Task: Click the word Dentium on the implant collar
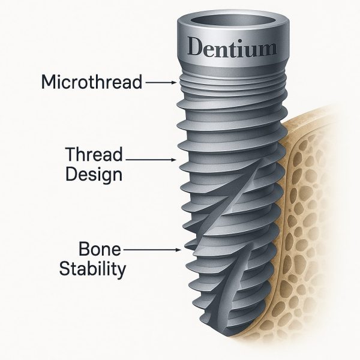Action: (232, 47)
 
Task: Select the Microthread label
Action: (92, 82)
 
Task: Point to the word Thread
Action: (94, 154)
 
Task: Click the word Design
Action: (94, 175)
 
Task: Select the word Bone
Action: (100, 249)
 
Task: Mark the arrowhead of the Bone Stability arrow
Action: (178, 250)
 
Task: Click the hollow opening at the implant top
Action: (233, 20)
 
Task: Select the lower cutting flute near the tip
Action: (230, 287)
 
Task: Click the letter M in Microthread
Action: (49, 82)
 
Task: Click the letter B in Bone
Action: (84, 249)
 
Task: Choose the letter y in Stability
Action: (122, 271)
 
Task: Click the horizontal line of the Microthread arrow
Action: (159, 82)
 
